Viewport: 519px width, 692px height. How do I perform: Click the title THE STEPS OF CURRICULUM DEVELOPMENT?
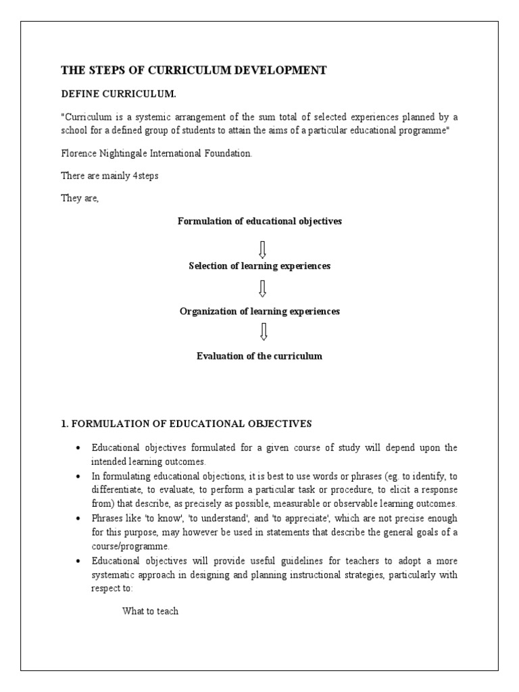click(x=194, y=70)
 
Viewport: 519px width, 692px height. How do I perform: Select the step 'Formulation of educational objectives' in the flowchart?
click(x=259, y=222)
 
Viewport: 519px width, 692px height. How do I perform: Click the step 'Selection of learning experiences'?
click(x=259, y=266)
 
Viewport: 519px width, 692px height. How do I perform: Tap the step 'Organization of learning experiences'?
click(x=259, y=312)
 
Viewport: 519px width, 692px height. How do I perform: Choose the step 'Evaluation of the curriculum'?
click(x=259, y=356)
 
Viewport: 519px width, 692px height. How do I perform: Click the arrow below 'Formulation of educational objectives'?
click(x=263, y=244)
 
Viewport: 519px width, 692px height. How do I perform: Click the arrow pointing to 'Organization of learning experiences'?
click(x=263, y=289)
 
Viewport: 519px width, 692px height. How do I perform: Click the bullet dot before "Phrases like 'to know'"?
click(x=79, y=518)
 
